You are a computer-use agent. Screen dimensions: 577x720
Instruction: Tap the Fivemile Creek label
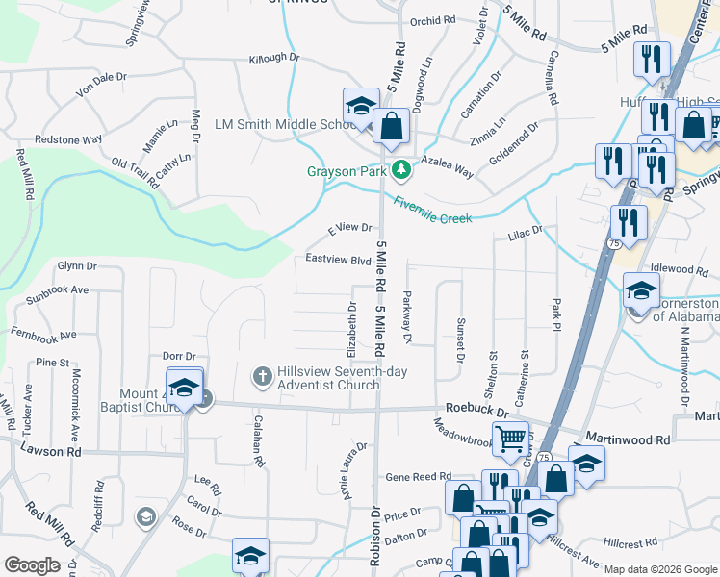point(432,211)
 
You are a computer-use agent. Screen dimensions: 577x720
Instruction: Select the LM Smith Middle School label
point(286,125)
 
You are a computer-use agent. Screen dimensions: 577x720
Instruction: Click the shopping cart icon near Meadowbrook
point(510,439)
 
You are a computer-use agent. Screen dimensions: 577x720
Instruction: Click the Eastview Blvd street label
point(338,260)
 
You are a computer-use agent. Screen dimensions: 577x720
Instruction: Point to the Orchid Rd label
point(432,20)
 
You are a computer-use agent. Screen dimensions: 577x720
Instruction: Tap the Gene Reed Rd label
point(418,476)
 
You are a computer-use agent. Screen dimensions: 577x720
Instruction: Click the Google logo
point(32,565)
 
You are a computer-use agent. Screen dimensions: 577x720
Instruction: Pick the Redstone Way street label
point(68,139)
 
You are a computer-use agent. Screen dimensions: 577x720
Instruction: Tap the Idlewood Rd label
point(680,269)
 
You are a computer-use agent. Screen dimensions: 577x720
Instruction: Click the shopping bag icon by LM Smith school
point(392,126)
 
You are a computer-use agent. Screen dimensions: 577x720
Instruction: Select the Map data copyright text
point(660,569)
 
